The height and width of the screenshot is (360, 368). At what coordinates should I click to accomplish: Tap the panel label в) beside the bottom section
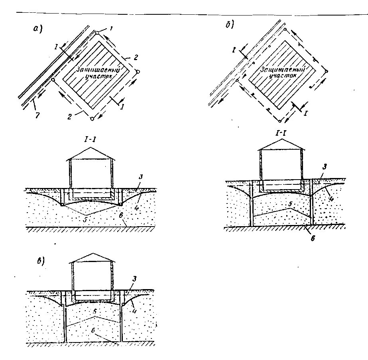(39, 260)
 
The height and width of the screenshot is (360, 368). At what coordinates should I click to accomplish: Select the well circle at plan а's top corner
(97, 33)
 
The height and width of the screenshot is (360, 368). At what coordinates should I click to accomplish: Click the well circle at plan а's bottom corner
(92, 118)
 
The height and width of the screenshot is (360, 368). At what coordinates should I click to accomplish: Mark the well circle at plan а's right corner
(138, 72)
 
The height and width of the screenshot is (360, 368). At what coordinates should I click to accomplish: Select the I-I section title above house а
(91, 140)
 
